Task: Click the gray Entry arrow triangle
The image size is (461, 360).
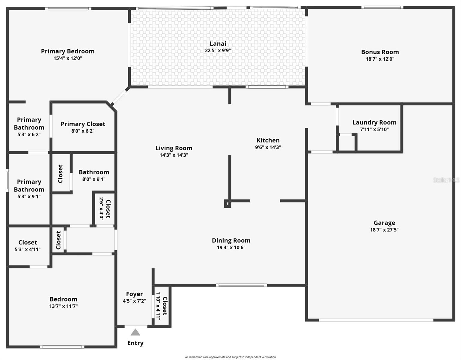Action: [x=135, y=332]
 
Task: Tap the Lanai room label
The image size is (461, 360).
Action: [x=218, y=44]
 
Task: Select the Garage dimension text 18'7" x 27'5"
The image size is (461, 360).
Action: [x=384, y=230]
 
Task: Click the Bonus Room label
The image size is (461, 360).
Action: [x=380, y=52]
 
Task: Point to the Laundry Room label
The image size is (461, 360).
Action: [x=374, y=122]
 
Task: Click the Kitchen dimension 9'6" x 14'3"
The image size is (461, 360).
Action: [x=268, y=147]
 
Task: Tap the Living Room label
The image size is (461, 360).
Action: [x=174, y=148]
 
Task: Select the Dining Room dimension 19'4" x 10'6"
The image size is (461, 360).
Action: [x=231, y=247]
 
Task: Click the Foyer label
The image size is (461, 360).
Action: [x=134, y=294]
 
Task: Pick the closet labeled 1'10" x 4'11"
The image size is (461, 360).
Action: [x=162, y=306]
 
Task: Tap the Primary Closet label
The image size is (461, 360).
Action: [x=83, y=124]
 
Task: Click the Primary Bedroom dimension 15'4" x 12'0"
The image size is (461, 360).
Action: [x=68, y=58]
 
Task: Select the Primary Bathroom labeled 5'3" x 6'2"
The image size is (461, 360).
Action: [x=29, y=127]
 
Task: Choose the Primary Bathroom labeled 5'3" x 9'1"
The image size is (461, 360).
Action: [x=29, y=189]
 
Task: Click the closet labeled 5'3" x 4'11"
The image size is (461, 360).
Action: [x=28, y=245]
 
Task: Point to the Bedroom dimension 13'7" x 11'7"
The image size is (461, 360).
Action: [x=64, y=306]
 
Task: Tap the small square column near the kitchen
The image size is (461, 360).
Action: [x=228, y=204]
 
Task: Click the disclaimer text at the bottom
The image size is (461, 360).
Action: [x=230, y=357]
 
